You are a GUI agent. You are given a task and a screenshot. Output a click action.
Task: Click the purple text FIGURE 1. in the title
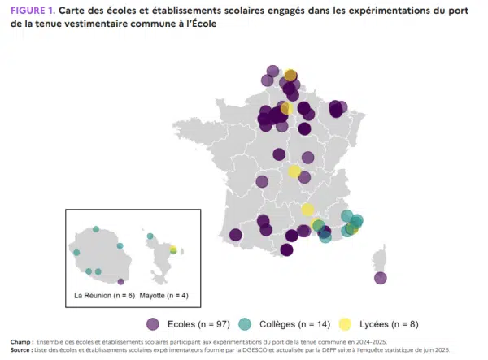pyautogui.click(x=33, y=11)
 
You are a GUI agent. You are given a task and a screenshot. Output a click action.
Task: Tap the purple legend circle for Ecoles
pyautogui.click(x=153, y=324)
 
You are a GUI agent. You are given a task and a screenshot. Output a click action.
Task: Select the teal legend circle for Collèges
pyautogui.click(x=245, y=324)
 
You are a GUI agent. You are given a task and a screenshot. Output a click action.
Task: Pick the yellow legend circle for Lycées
pyautogui.click(x=345, y=324)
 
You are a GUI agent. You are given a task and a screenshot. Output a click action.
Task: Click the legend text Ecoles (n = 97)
pyautogui.click(x=198, y=324)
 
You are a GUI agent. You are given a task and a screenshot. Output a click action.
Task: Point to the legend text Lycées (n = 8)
pyautogui.click(x=389, y=324)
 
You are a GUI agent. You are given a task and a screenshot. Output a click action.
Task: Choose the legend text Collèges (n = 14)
pyautogui.click(x=294, y=324)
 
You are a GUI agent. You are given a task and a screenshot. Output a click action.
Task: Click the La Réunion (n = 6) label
pyautogui.click(x=105, y=295)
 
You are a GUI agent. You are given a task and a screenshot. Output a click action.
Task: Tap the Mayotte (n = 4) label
pyautogui.click(x=163, y=295)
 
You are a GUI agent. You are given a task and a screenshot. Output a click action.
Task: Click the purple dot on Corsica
pyautogui.click(x=381, y=278)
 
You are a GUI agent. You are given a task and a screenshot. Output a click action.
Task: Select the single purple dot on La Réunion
pyautogui.click(x=120, y=282)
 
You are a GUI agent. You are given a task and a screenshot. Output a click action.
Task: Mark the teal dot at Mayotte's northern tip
pyautogui.click(x=150, y=236)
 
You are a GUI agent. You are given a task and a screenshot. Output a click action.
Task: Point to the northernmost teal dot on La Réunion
pyautogui.click(x=96, y=229)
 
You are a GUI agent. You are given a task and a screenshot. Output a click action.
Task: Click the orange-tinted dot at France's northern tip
pyautogui.click(x=290, y=76)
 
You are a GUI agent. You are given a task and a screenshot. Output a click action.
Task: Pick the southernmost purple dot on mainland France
pyautogui.click(x=286, y=249)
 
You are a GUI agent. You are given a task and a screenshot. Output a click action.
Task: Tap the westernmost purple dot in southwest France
pyautogui.click(x=236, y=235)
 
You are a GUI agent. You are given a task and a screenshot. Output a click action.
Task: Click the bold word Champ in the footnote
pyautogui.click(x=21, y=342)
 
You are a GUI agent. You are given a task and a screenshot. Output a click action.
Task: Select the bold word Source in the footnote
pyautogui.click(x=20, y=350)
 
